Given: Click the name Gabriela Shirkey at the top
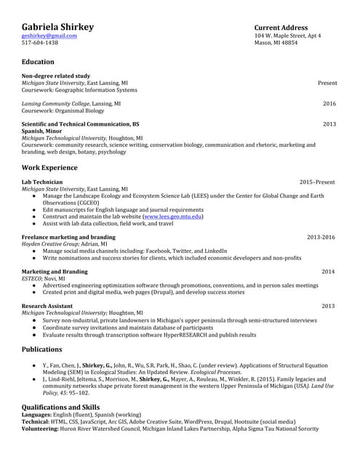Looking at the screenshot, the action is point(57,27).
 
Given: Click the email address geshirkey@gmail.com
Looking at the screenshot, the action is point(49,36).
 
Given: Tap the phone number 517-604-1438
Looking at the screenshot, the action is point(39,43).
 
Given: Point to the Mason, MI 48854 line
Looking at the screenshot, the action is point(276,43).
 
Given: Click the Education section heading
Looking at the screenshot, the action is point(38,62).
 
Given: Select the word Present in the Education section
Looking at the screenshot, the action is point(327,83).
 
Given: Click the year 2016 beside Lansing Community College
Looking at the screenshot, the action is point(329,104).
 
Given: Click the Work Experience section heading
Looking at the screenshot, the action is point(50,168).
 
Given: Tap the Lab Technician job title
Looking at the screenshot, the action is point(42,182).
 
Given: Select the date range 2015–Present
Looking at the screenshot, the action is point(317,182).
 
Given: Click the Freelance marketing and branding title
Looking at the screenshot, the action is point(68,238).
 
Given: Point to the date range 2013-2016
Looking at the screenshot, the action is point(321,238).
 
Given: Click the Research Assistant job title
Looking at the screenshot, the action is point(47,306).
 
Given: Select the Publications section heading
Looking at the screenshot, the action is point(46,349).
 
